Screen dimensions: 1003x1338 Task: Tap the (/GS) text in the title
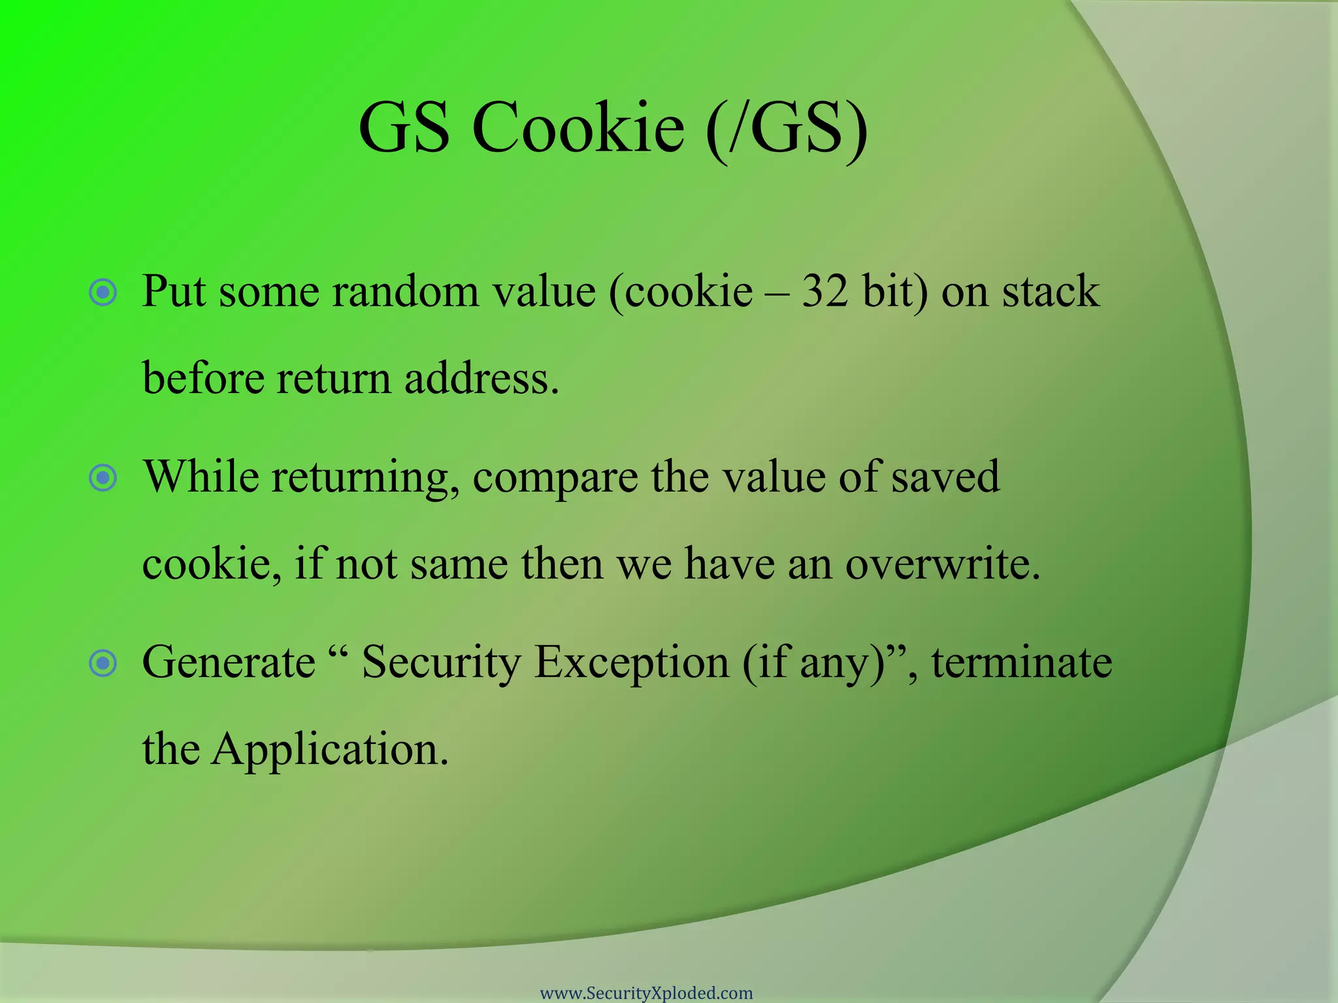[787, 128]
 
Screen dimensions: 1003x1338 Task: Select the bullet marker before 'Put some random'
[103, 293]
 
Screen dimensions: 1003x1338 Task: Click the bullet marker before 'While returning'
[103, 478]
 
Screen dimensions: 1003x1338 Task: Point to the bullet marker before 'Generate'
[103, 664]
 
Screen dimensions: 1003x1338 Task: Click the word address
[481, 378]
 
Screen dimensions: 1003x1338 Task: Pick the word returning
[365, 477]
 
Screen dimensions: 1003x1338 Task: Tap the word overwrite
[942, 564]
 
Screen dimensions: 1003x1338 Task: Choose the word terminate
[1022, 662]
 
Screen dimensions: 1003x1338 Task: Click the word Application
[330, 750]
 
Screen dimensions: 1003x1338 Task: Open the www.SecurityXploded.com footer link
[646, 993]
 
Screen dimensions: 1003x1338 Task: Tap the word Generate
[229, 662]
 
